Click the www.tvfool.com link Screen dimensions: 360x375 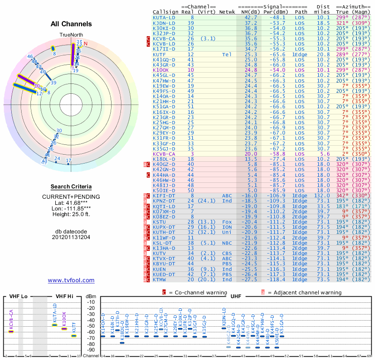tap(71, 280)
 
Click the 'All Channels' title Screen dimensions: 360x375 tap(71, 24)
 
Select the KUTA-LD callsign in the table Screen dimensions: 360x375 tap(164, 17)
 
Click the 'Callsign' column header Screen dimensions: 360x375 tap(165, 11)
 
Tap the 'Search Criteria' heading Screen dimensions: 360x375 tap(71, 187)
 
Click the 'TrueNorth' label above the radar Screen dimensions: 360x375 tap(71, 35)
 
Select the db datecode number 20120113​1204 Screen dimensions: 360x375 tap(71, 237)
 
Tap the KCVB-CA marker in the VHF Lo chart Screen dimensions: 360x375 tap(11, 331)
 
